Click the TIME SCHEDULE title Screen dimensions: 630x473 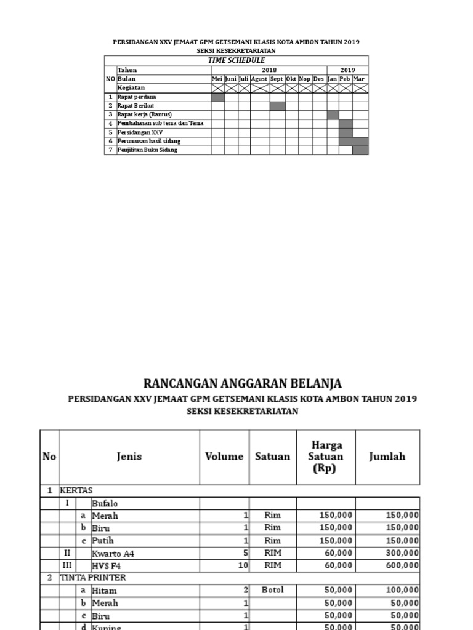click(236, 60)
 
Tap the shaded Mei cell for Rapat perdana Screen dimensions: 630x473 click(217, 97)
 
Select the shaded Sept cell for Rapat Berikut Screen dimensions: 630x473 click(277, 106)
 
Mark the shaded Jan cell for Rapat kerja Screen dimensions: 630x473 click(333, 114)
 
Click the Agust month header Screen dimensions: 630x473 click(259, 79)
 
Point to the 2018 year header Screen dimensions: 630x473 click(269, 70)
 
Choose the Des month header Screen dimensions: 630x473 click(318, 79)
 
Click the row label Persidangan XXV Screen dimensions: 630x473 click(140, 132)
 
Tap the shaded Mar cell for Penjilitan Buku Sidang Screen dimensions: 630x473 click(360, 150)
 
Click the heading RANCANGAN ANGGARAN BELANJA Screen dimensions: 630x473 click(242, 384)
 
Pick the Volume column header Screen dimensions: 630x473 click(224, 457)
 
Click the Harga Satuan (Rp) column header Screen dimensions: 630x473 click(326, 457)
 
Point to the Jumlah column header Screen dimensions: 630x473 click(387, 457)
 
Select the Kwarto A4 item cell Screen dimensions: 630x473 click(113, 553)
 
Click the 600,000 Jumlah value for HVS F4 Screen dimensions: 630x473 click(403, 565)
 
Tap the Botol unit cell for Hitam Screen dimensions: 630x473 click(272, 590)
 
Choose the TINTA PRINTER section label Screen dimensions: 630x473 click(92, 578)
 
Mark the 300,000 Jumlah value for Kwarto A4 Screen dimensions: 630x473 click(403, 553)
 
